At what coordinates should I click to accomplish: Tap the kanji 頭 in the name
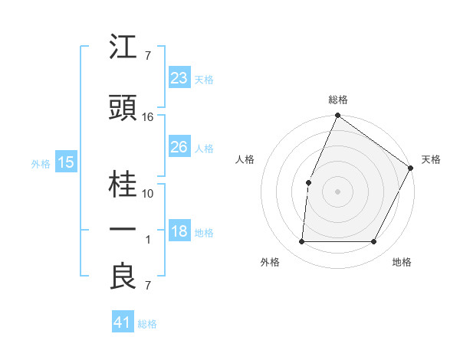tap(123, 109)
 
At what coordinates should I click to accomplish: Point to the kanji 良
tap(123, 277)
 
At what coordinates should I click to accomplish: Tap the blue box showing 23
tap(179, 78)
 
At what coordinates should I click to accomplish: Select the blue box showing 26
tap(179, 147)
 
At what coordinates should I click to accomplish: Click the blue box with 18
tap(179, 232)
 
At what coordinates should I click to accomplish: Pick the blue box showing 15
tap(66, 162)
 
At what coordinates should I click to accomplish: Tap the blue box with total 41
tap(123, 322)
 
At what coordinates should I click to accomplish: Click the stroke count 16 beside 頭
tap(148, 117)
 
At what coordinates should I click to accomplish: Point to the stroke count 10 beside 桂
tap(148, 194)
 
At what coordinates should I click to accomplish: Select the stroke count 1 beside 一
tap(148, 240)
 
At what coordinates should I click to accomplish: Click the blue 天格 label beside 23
tap(204, 79)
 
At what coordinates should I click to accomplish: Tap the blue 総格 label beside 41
tap(147, 324)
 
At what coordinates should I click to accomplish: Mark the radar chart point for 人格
tap(308, 182)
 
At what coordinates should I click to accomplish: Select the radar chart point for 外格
tap(301, 242)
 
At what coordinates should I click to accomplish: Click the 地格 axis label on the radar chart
tap(402, 263)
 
